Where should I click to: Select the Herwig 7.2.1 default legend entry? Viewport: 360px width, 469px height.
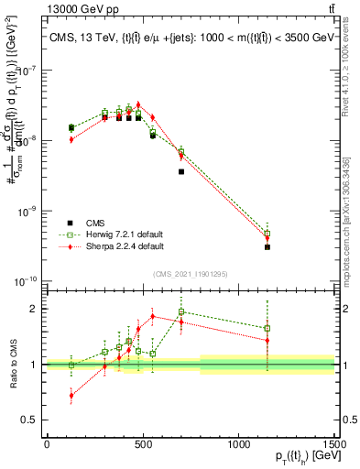(124, 234)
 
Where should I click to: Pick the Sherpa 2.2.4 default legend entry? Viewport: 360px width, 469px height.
(124, 246)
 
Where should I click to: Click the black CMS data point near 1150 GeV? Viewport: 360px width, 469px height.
(267, 247)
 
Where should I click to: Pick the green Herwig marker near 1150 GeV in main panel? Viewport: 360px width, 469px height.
(267, 234)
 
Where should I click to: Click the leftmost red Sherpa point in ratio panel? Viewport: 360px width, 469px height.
(71, 396)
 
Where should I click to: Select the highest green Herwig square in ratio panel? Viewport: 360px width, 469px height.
(181, 311)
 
